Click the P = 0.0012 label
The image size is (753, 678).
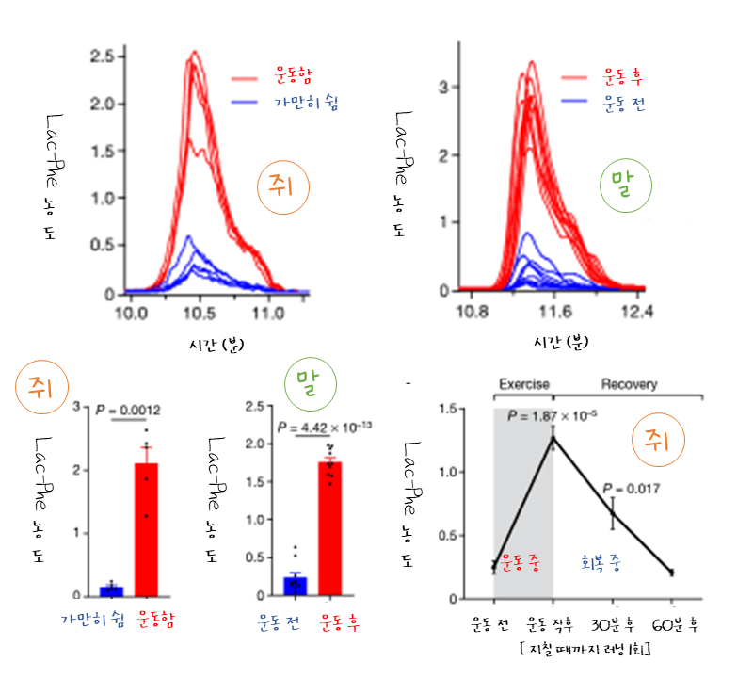(x=129, y=411)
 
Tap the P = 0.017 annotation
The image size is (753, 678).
(x=631, y=489)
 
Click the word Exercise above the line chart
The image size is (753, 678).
(x=524, y=385)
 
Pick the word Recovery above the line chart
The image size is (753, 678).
(x=630, y=385)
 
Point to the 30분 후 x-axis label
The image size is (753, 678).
(x=612, y=623)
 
